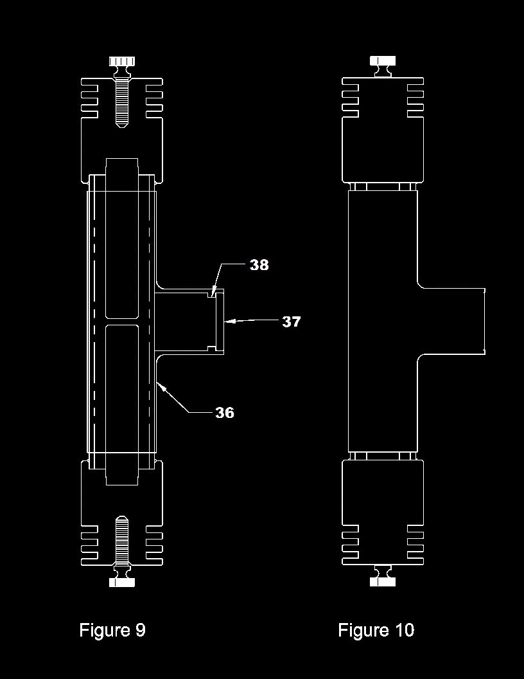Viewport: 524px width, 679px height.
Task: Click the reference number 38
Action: point(259,264)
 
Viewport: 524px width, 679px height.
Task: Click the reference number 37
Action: point(291,321)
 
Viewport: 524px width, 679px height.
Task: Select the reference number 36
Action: point(225,413)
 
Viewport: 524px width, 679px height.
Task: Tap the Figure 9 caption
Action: point(112,629)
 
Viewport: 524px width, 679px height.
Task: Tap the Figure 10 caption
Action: point(376,629)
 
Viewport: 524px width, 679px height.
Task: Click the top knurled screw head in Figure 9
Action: point(122,61)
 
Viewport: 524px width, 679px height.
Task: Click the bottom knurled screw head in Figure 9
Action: point(122,582)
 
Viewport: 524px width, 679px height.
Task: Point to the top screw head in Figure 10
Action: point(383,61)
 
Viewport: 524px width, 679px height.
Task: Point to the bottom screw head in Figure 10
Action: point(383,581)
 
